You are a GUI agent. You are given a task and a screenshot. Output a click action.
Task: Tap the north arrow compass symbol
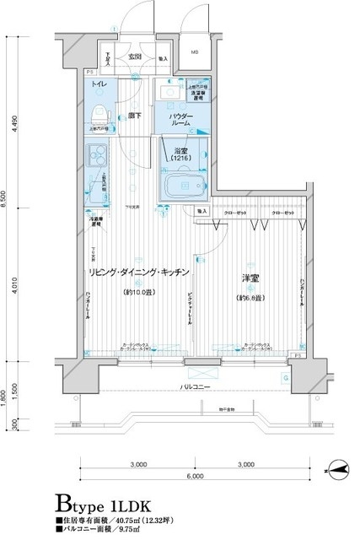tap(336, 466)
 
